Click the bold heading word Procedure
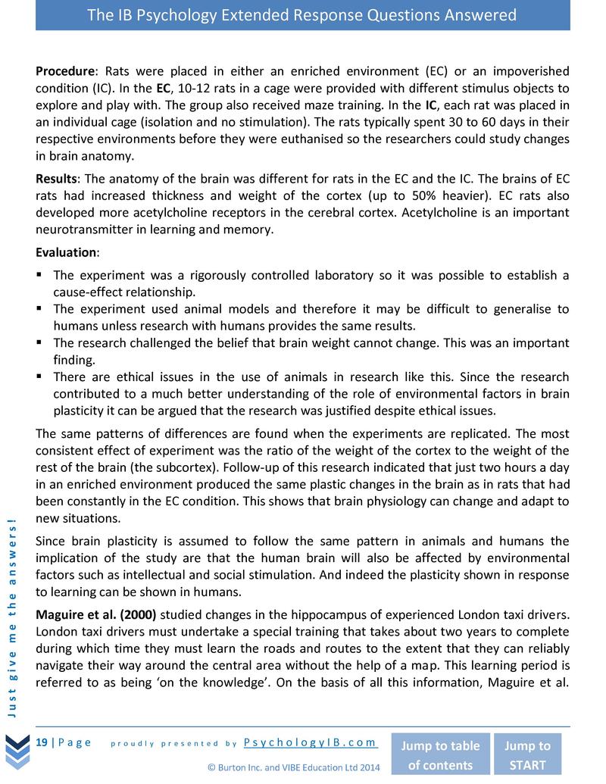coord(64,71)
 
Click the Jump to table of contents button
coord(439,754)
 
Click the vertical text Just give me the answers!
coord(12,614)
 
